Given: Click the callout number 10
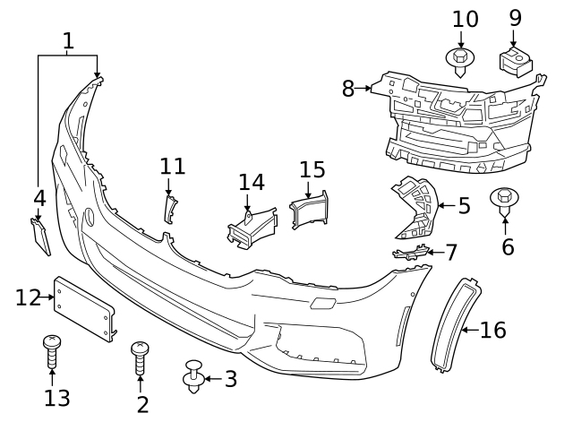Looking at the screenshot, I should point(465,19).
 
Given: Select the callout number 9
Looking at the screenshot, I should point(515,17).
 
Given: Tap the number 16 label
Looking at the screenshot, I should point(492,331).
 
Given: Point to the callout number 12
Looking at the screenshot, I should point(29,297).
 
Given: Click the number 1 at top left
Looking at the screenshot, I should point(69,40).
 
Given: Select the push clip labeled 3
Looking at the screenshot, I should point(192,377).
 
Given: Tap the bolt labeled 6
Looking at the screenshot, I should point(506,201).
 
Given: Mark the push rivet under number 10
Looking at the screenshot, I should point(460,62).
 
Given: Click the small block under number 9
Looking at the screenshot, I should point(514,61).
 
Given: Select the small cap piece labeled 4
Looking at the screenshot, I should point(39,235).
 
